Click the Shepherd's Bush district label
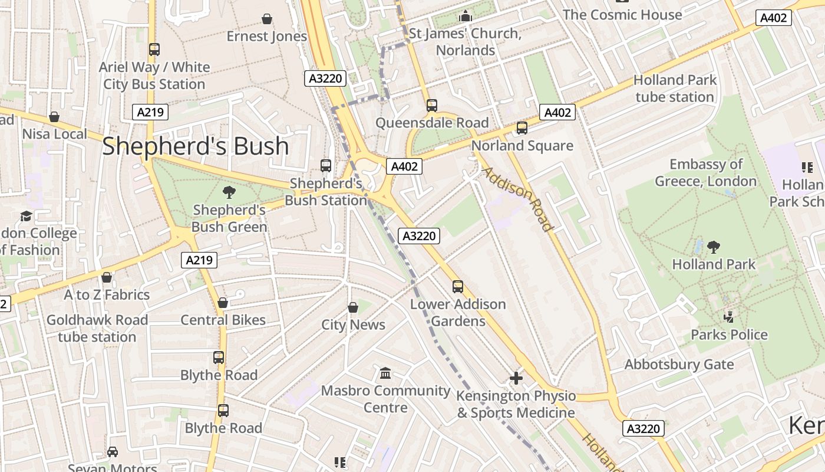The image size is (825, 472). pyautogui.click(x=196, y=146)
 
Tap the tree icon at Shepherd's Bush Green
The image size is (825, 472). pyautogui.click(x=229, y=192)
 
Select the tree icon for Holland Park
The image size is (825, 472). pyautogui.click(x=714, y=247)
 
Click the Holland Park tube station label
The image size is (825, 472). pyautogui.click(x=675, y=88)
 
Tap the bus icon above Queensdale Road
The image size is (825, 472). pyautogui.click(x=432, y=106)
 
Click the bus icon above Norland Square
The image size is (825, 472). pyautogui.click(x=522, y=128)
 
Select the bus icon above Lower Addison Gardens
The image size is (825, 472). pyautogui.click(x=458, y=287)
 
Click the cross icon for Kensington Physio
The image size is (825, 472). pyautogui.click(x=516, y=378)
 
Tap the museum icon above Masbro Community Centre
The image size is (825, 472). pyautogui.click(x=385, y=373)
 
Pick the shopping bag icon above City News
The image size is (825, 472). pyautogui.click(x=353, y=307)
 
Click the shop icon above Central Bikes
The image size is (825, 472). pyautogui.click(x=223, y=303)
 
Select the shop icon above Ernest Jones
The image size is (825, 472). pyautogui.click(x=267, y=19)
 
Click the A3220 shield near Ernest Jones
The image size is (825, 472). pyautogui.click(x=325, y=78)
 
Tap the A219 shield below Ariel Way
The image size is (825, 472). pyautogui.click(x=150, y=112)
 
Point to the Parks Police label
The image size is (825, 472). pyautogui.click(x=729, y=335)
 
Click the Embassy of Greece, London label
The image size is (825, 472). pyautogui.click(x=706, y=172)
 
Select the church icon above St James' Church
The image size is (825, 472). pyautogui.click(x=466, y=16)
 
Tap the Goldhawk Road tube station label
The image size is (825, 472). pyautogui.click(x=97, y=329)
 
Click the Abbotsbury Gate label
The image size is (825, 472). pyautogui.click(x=679, y=364)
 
